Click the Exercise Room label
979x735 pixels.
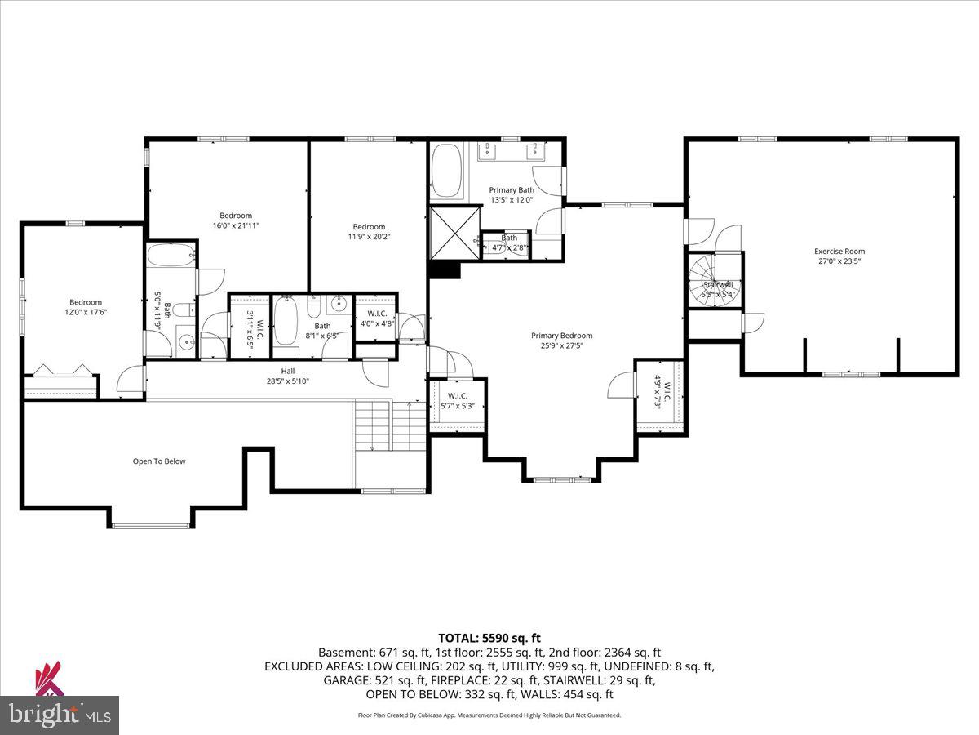coord(839,252)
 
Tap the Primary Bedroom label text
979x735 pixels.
coord(561,336)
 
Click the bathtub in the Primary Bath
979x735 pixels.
coord(446,171)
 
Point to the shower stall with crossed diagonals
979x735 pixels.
coord(453,231)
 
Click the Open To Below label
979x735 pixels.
coord(159,461)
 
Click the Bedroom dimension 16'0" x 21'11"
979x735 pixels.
coord(236,225)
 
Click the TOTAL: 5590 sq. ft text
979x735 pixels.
coord(489,638)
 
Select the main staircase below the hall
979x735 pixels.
coord(391,425)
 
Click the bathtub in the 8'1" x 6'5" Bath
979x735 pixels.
coord(286,321)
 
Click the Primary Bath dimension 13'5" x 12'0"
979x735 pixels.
coord(512,200)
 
